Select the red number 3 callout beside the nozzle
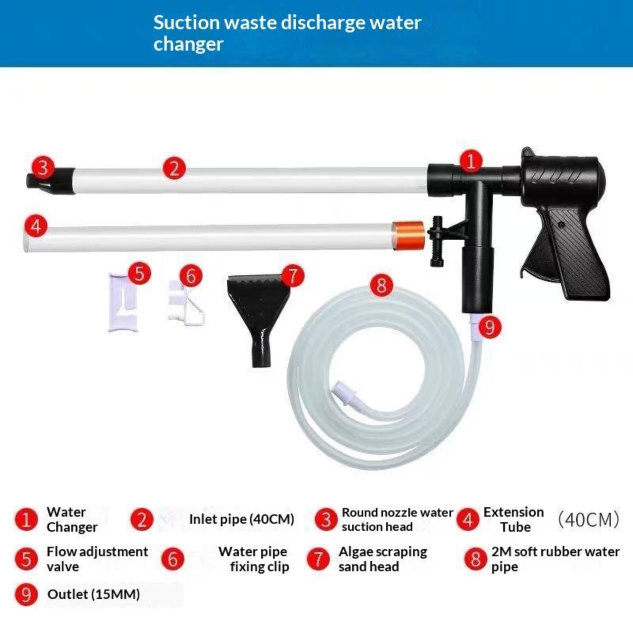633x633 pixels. pyautogui.click(x=43, y=167)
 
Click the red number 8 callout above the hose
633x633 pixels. pyautogui.click(x=381, y=285)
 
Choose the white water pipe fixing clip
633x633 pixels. pyautogui.click(x=185, y=303)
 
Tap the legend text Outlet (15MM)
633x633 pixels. pyautogui.click(x=94, y=594)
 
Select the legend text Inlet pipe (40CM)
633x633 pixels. pyautogui.click(x=241, y=519)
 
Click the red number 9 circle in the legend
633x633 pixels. pyautogui.click(x=26, y=595)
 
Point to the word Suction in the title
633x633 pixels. pyautogui.click(x=186, y=23)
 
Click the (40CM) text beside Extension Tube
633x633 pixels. pyautogui.click(x=588, y=519)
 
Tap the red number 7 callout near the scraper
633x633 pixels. pyautogui.click(x=292, y=276)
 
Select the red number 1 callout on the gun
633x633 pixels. pyautogui.click(x=471, y=161)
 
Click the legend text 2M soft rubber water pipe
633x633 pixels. pyautogui.click(x=555, y=559)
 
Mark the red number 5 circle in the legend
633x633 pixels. pyautogui.click(x=26, y=559)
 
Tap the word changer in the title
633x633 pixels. pyautogui.click(x=188, y=44)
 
